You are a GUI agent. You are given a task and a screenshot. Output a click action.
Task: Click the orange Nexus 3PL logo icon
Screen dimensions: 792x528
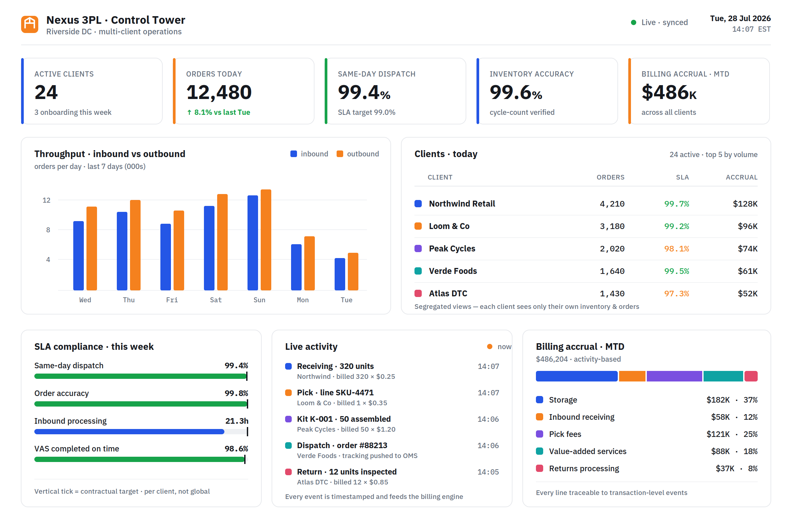tap(30, 24)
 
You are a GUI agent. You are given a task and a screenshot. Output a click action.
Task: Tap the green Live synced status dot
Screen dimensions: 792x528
tap(633, 22)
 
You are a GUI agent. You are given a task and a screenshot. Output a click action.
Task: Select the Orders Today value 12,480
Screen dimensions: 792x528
tap(219, 92)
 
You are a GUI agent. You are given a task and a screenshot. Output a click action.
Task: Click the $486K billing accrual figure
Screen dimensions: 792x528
tap(669, 92)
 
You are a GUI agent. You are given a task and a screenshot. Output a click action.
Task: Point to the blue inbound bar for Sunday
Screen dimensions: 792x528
tap(252, 243)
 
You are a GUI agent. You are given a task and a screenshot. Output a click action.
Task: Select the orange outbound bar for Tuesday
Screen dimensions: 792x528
tap(353, 271)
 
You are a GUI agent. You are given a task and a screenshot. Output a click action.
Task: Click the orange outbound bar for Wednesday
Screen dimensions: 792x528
tap(92, 248)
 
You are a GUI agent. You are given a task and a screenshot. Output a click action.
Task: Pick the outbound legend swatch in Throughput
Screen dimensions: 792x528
tap(340, 154)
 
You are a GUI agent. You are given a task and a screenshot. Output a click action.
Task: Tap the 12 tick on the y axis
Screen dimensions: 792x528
tap(47, 200)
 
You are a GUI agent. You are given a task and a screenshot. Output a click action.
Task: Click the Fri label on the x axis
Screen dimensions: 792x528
tap(172, 300)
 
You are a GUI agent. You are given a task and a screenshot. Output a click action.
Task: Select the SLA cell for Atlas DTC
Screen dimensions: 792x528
tap(676, 294)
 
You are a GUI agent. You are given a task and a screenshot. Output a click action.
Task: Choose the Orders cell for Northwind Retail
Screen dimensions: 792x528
tap(612, 204)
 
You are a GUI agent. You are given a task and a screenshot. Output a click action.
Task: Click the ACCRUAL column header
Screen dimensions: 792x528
tap(742, 177)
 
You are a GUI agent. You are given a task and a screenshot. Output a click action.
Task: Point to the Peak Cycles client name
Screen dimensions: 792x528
tap(452, 248)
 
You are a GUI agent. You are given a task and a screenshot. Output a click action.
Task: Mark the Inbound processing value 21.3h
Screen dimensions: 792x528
tap(237, 421)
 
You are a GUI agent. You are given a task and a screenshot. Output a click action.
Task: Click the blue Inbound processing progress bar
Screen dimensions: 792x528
tap(129, 432)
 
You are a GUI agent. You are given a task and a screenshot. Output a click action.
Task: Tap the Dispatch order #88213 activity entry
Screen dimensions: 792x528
tap(342, 445)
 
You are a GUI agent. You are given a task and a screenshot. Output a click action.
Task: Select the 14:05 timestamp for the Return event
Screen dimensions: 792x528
tap(488, 472)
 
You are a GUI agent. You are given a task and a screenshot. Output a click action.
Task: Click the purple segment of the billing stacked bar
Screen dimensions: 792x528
tap(675, 376)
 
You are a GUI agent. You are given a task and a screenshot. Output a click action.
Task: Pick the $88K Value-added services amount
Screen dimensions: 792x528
tap(720, 451)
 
